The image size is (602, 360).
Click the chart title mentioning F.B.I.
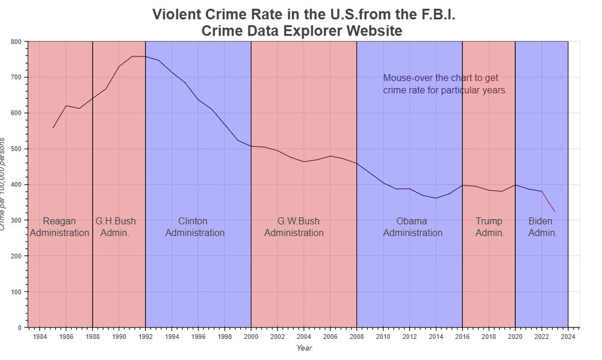click(303, 22)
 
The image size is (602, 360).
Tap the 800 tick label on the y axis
click(16, 42)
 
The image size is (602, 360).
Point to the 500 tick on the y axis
click(16, 149)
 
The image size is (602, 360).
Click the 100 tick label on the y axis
click(16, 292)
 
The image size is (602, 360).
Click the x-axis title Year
click(304, 347)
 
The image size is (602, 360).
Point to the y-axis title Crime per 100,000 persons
click(4, 184)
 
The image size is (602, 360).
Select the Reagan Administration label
click(60, 227)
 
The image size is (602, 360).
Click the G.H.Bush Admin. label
click(115, 227)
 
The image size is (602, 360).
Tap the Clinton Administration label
click(194, 227)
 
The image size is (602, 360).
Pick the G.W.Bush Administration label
click(294, 227)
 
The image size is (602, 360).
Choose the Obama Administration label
click(412, 227)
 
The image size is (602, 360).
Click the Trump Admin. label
click(489, 227)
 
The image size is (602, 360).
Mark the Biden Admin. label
click(542, 227)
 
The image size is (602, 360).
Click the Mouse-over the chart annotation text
click(445, 84)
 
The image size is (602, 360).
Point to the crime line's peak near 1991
click(132, 57)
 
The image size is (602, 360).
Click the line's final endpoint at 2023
click(554, 211)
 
